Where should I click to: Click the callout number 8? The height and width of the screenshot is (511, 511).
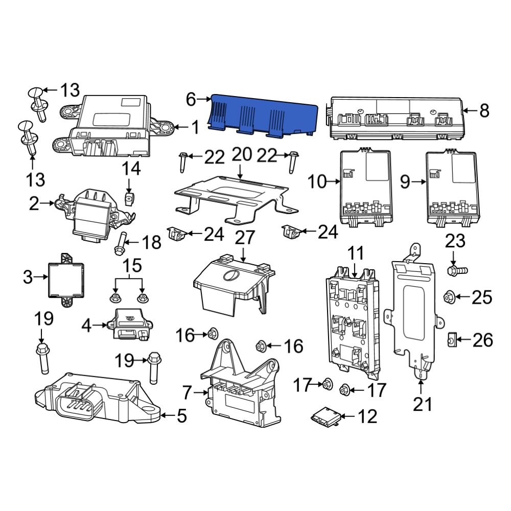(484, 110)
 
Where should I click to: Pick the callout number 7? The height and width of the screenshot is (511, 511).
(187, 393)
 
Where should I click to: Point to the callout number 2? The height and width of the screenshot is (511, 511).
(34, 204)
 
